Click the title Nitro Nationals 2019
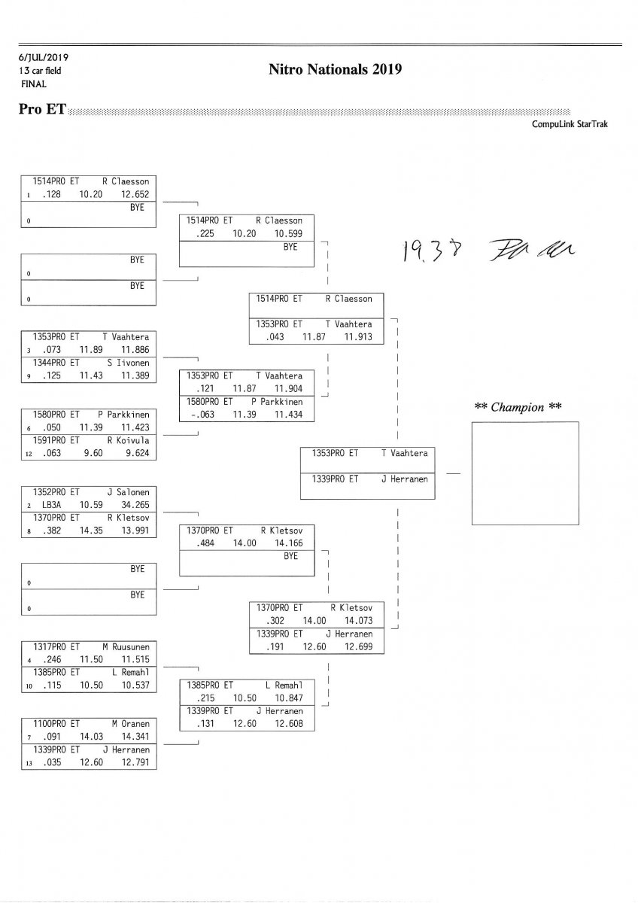335,70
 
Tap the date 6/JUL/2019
44,56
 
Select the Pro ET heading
41,110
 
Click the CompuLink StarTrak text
570,124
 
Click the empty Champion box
525,473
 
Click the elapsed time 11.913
358,337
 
